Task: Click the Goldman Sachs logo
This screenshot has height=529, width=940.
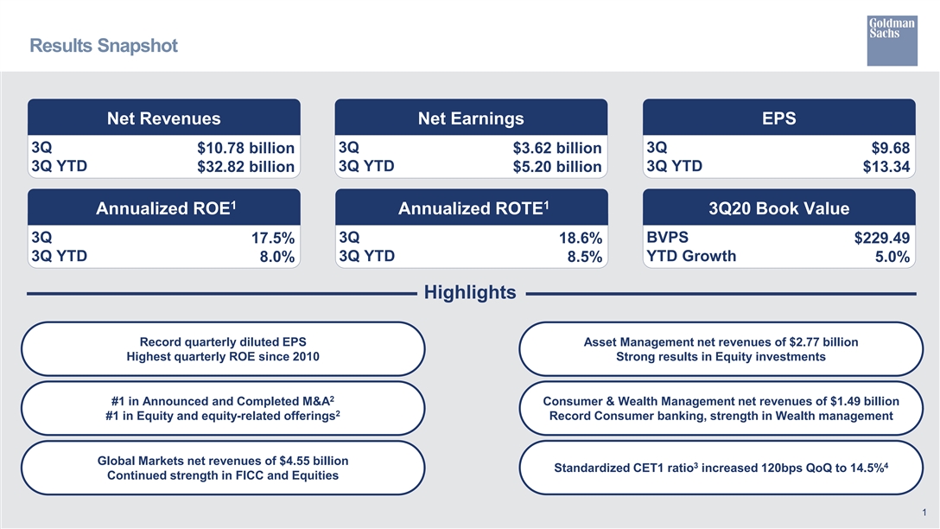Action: pos(892,40)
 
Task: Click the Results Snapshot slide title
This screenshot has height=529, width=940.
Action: pos(104,46)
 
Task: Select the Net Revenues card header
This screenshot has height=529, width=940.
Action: pos(163,118)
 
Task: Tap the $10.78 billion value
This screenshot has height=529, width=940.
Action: pos(245,148)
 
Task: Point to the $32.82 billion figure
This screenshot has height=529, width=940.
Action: pos(245,166)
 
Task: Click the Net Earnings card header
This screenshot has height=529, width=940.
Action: pos(471,118)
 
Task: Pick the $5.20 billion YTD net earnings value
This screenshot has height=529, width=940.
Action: pos(557,166)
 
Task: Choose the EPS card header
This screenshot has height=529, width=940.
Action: pos(778,118)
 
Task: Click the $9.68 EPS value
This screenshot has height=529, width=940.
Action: pos(890,148)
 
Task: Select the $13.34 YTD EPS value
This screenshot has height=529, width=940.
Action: pos(886,166)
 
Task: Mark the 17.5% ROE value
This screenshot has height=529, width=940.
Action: pos(273,238)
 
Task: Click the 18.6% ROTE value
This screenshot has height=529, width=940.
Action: pos(581,238)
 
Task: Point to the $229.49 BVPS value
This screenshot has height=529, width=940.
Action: pos(882,238)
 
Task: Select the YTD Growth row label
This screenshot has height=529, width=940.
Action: pos(691,256)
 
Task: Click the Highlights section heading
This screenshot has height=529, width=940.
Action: pos(470,292)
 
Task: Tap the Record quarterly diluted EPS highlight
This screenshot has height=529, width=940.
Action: pos(223,349)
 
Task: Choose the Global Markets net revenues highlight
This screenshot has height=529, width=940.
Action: pos(223,468)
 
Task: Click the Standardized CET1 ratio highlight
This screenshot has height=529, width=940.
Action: pos(721,468)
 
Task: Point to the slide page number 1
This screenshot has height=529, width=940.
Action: pos(924,513)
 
